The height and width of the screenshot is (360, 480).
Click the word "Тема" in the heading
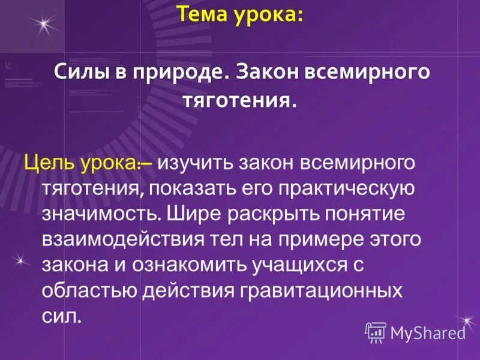[x=200, y=14]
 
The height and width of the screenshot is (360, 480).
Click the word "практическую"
[x=344, y=188]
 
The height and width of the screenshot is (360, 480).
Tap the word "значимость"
[x=100, y=214]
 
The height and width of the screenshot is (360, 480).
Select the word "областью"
[x=89, y=291]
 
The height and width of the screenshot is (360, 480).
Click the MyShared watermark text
[x=428, y=332]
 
